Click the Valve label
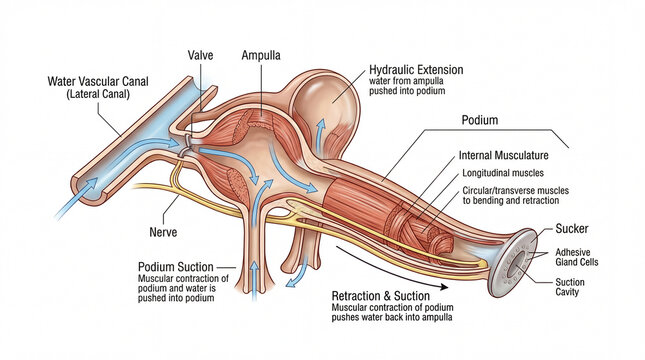pos(201,55)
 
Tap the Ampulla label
pos(261,55)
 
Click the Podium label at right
pos(480,120)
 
